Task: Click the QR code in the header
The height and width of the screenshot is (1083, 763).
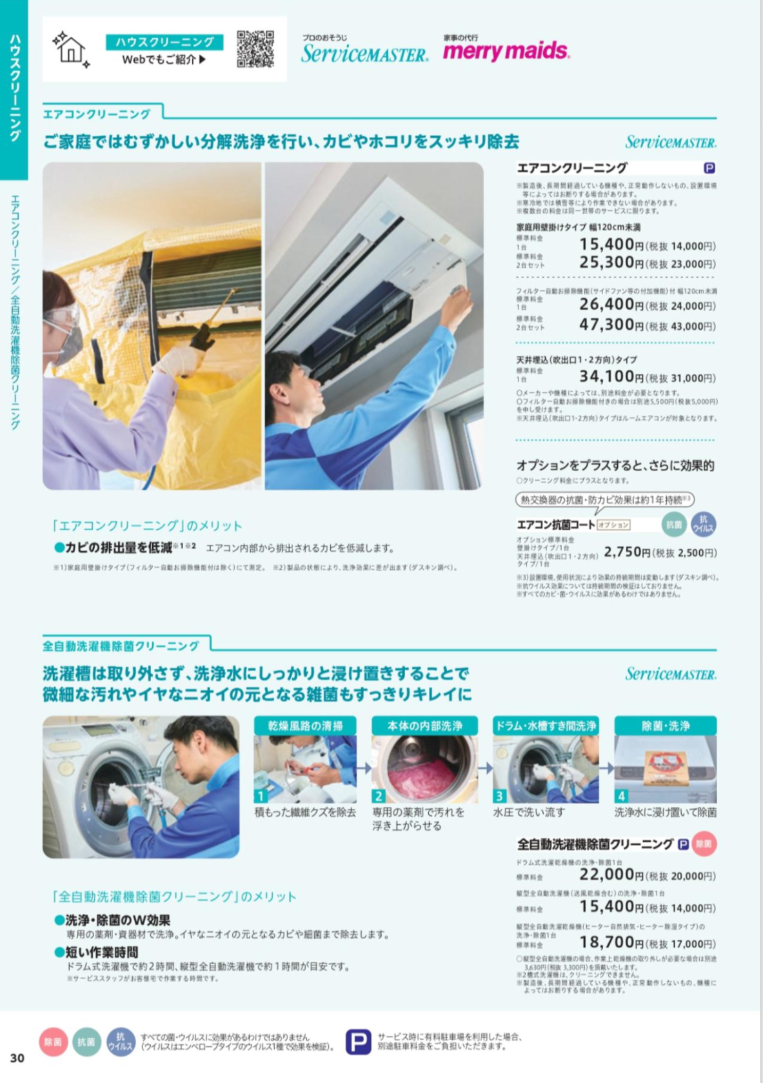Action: [x=255, y=49]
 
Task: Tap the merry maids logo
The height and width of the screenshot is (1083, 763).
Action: [x=506, y=50]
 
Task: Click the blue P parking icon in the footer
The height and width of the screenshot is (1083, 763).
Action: [x=358, y=1041]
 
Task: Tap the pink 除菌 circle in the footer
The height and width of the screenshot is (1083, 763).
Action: [x=53, y=1042]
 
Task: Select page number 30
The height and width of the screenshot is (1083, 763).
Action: [x=17, y=1058]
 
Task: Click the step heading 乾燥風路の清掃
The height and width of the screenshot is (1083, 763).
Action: [x=306, y=725]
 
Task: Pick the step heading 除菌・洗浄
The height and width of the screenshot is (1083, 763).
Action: [x=665, y=725]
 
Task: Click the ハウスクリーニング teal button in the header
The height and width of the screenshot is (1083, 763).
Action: [x=164, y=42]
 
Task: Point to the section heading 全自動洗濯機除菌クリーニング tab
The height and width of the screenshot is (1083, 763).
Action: [x=121, y=645]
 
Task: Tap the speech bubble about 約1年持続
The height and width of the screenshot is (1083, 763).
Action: [x=605, y=500]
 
